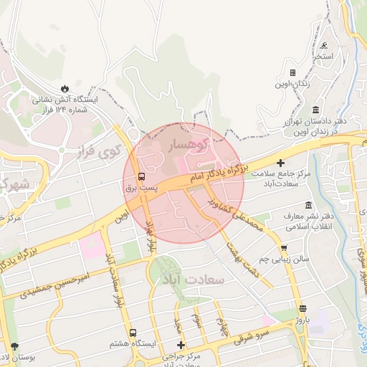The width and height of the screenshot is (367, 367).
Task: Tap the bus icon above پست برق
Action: pyautogui.click(x=141, y=176)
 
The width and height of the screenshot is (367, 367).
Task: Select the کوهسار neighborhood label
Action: pyautogui.click(x=186, y=146)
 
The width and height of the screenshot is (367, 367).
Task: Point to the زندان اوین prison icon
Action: pyautogui.click(x=292, y=72)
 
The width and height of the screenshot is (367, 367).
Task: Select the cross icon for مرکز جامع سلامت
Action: pyautogui.click(x=280, y=163)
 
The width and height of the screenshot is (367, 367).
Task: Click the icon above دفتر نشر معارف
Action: pyautogui.click(x=308, y=205)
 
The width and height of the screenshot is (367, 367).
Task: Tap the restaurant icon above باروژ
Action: pyautogui.click(x=302, y=308)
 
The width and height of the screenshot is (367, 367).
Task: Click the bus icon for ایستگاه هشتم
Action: pyautogui.click(x=133, y=333)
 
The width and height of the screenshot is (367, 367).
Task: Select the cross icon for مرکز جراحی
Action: pyautogui.click(x=181, y=345)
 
